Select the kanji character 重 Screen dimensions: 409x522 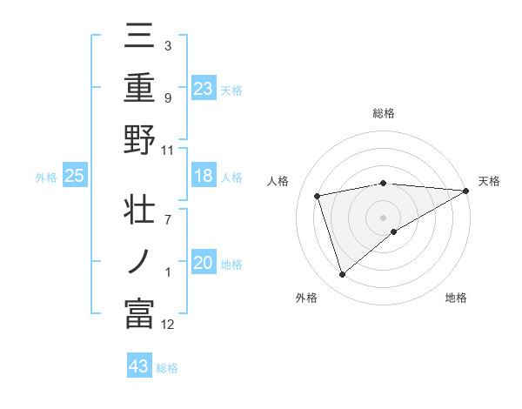tap(139, 89)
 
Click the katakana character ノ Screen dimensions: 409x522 tap(139, 263)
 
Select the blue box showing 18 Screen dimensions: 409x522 tap(204, 177)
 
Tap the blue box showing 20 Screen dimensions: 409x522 tap(204, 264)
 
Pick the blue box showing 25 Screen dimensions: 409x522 tap(75, 177)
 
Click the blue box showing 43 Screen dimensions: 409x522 tap(139, 366)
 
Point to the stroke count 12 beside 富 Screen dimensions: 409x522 tap(168, 325)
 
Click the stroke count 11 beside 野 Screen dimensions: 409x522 tap(168, 150)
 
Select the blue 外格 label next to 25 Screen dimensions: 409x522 tap(46, 178)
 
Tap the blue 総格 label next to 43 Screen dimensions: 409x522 tap(167, 367)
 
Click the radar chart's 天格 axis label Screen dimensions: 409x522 tap(489, 181)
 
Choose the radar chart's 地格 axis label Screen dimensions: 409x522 tap(456, 298)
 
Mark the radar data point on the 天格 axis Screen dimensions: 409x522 tap(466, 191)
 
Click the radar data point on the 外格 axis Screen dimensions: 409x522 tap(342, 275)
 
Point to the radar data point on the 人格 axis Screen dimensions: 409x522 tap(318, 195)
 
